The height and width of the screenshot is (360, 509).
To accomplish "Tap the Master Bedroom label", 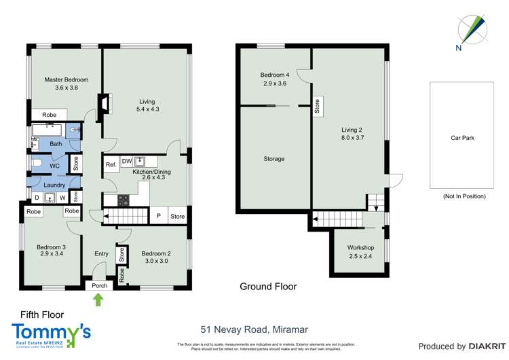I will (67, 80).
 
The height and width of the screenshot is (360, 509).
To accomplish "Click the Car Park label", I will (462, 138).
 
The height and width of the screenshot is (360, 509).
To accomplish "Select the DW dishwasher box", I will (127, 161).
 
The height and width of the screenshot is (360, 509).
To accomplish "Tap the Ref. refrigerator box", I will (111, 165).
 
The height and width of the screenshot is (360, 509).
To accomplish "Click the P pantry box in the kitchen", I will (159, 216).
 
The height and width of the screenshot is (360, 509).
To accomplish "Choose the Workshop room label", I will (360, 248).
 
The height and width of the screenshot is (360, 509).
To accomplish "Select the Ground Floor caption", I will (268, 287).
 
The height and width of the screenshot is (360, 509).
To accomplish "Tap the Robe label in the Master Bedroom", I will (49, 115).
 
